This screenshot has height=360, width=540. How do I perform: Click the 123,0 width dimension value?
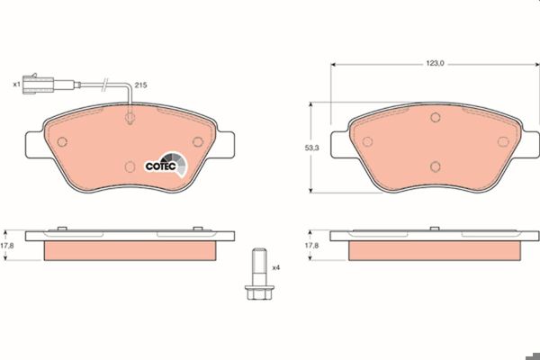coord(435,63)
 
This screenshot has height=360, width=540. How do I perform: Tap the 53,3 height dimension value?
coord(311,148)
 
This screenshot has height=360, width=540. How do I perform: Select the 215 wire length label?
coord(140,85)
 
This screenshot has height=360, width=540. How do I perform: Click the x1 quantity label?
coord(16,84)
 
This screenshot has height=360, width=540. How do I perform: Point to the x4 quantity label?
coord(276,267)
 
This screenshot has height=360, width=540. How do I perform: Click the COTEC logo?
coord(166,165)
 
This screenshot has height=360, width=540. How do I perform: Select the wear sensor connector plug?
coord(38,84)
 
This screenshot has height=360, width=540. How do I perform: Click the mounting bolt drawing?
coord(260,274)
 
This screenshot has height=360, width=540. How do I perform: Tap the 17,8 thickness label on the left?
coord(6,246)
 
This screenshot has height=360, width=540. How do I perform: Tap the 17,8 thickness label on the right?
coord(311,246)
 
